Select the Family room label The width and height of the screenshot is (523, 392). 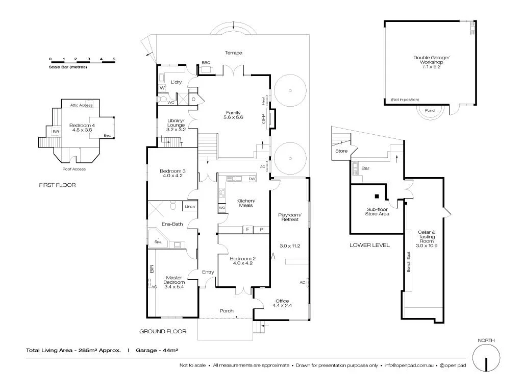233,113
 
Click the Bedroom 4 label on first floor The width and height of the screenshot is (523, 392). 82,126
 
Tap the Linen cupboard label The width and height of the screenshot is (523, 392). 190,207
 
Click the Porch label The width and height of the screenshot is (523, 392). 227,311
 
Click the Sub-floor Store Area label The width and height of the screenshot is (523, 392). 378,211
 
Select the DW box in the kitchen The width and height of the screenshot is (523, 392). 252,179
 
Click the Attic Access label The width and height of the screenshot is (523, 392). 81,105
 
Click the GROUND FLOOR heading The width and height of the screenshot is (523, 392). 163,332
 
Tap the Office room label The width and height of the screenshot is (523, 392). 282,301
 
